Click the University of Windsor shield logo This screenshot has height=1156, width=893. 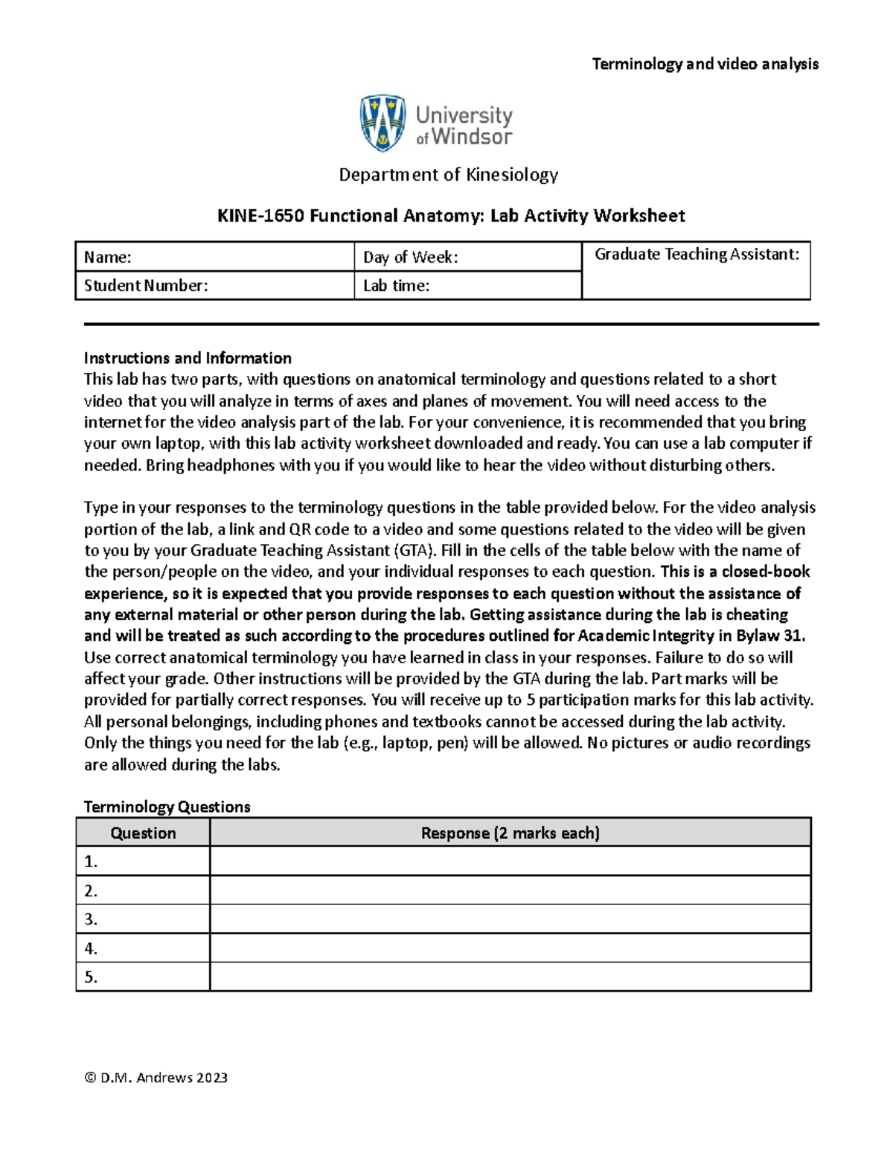[383, 123]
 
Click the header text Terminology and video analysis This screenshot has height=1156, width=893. [705, 64]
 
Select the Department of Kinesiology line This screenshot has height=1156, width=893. [448, 175]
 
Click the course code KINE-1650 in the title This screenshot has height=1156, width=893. [260, 216]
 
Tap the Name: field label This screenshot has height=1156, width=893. [108, 258]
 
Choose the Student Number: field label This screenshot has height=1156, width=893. [146, 286]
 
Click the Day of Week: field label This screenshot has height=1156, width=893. [410, 258]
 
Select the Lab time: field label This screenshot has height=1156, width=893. [396, 286]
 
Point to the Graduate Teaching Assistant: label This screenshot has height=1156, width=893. [697, 255]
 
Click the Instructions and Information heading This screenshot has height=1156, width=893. [188, 358]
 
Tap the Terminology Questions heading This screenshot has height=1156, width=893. [167, 807]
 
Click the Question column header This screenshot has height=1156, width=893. [143, 833]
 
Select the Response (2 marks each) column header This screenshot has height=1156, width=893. [510, 833]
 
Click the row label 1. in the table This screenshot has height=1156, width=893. [92, 862]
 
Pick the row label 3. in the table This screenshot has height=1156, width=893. [92, 919]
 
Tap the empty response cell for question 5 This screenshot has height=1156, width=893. [510, 977]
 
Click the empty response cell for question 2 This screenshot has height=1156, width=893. [510, 890]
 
